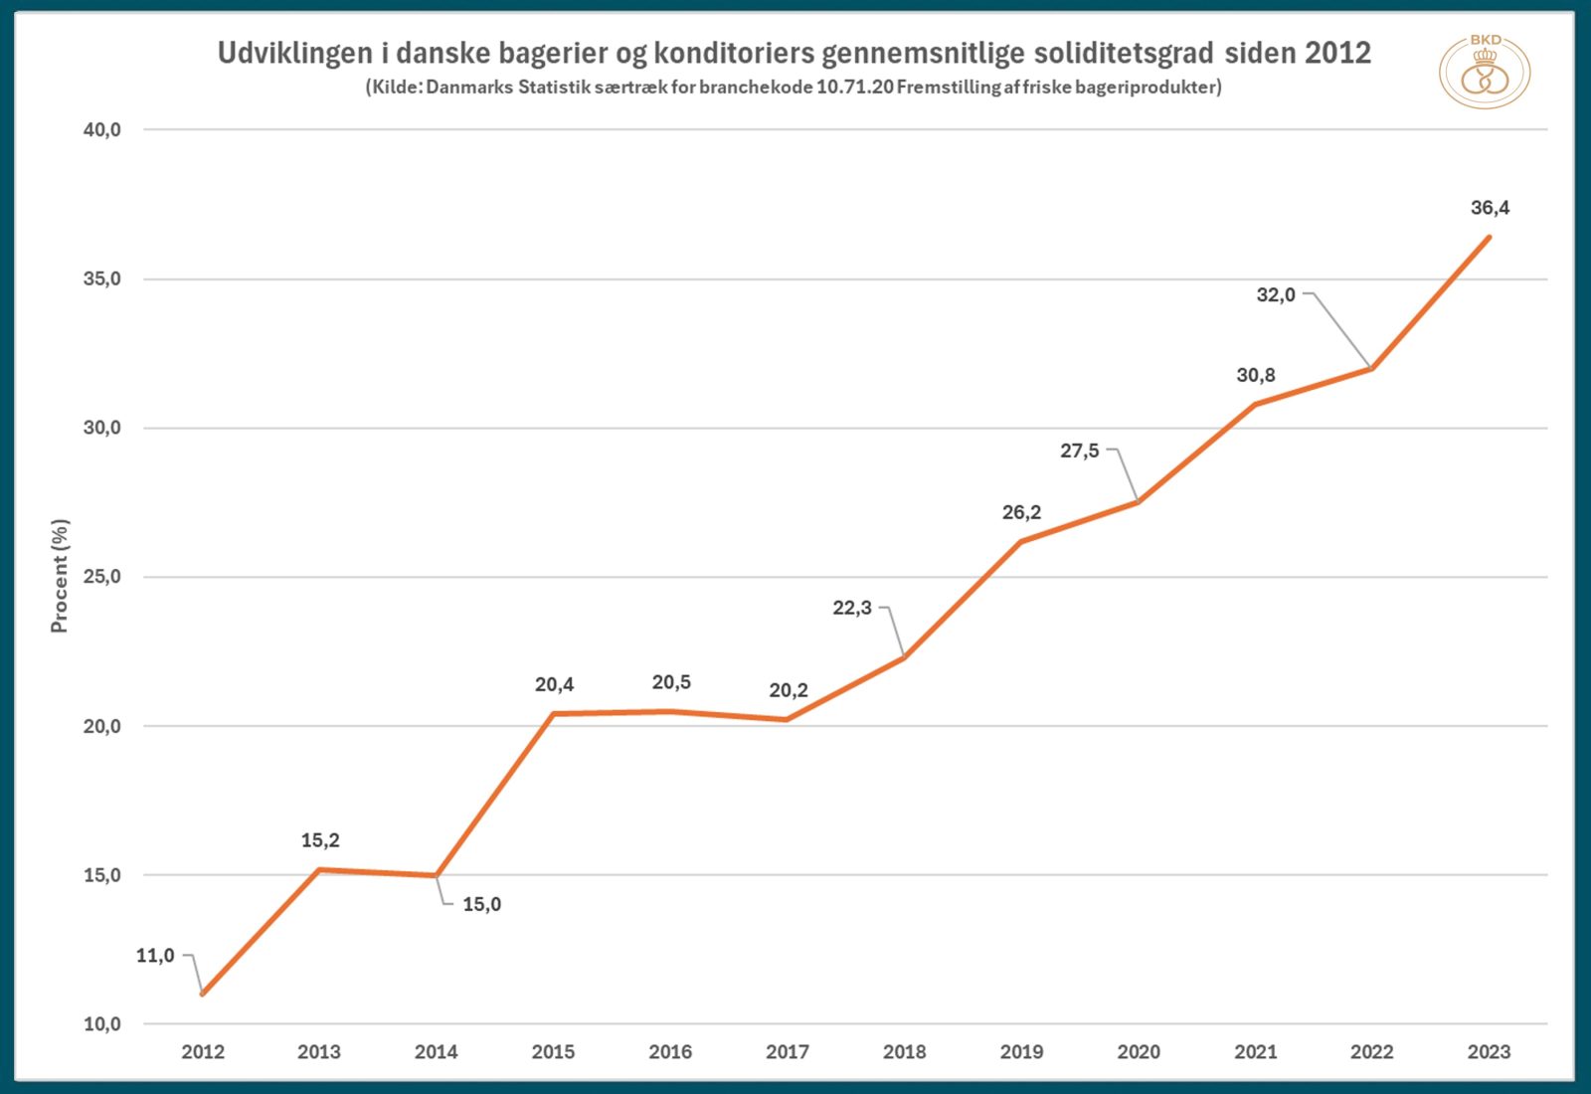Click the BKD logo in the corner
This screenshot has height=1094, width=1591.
coord(1485,72)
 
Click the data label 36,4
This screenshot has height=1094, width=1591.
coord(1490,208)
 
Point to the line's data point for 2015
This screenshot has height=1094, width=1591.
coord(554,713)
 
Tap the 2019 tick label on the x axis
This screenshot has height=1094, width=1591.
coord(1021,1051)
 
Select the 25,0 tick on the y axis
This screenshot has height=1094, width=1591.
coord(101,577)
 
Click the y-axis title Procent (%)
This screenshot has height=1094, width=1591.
coord(60,576)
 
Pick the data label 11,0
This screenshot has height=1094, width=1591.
coord(155,956)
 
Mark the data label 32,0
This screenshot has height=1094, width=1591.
coord(1276,294)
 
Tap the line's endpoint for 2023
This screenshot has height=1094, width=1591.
coord(1489,238)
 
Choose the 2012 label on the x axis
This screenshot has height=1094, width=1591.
coord(203,1051)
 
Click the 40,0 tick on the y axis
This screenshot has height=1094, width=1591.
coord(101,129)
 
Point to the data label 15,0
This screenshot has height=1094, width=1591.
coord(481,904)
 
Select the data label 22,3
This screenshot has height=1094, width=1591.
coord(852,608)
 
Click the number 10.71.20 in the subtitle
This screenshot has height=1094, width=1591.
coord(853,87)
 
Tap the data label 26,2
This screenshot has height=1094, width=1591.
coord(1021,512)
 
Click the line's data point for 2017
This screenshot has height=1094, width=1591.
coord(787,719)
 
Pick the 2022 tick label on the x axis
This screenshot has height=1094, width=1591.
coord(1371,1051)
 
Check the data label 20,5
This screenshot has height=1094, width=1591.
coord(671,682)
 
